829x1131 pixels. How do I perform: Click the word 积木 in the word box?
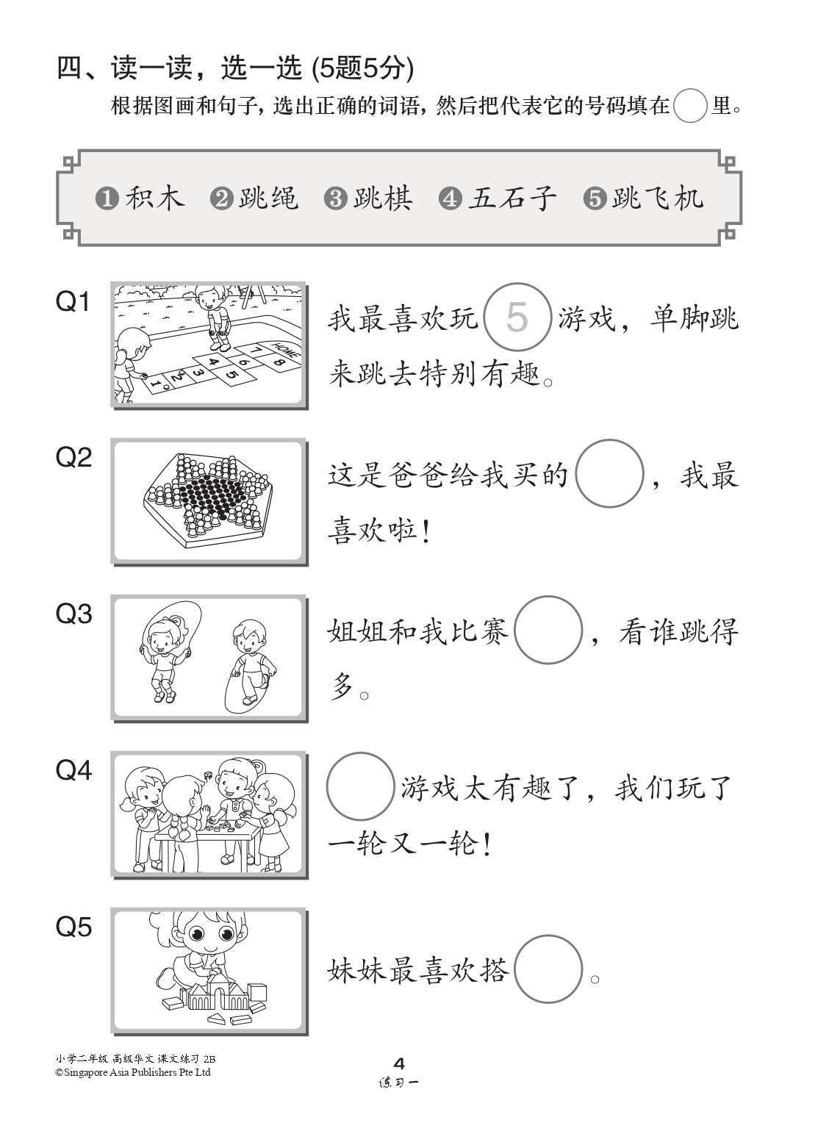click(x=155, y=198)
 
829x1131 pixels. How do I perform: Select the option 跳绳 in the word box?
click(x=268, y=198)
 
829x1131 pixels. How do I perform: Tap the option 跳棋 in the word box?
click(x=383, y=198)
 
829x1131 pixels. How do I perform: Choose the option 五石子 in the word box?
click(x=512, y=198)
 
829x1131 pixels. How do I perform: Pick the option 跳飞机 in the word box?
click(x=658, y=198)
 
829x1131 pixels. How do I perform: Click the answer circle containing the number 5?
click(x=517, y=317)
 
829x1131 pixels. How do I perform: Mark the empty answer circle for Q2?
click(x=609, y=473)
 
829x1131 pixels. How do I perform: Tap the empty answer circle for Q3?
click(x=548, y=630)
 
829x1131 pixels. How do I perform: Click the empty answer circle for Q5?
click(x=548, y=969)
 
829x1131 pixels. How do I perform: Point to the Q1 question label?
click(x=73, y=301)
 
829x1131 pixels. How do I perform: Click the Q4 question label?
click(x=73, y=770)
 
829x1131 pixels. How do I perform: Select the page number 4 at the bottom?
click(x=400, y=1063)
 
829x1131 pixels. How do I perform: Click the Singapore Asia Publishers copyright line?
click(x=133, y=1072)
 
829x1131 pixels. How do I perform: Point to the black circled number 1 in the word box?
click(x=107, y=199)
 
